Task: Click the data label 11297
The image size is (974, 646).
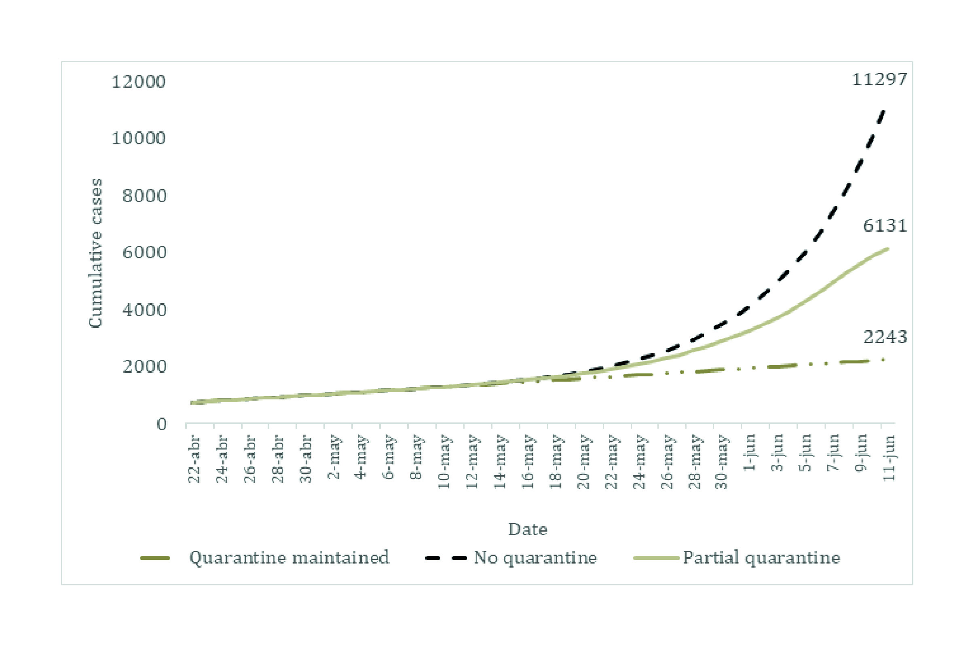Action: click(879, 80)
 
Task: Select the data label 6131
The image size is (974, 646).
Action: click(885, 225)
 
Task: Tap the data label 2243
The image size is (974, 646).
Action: click(885, 337)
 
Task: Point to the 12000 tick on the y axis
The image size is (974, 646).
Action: click(138, 82)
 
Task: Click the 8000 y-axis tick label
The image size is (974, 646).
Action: click(144, 196)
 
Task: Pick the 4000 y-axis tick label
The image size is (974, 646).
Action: click(144, 310)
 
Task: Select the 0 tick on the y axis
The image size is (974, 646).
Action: click(161, 424)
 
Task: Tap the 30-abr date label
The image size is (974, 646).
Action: click(305, 458)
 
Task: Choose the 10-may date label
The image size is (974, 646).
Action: click(444, 461)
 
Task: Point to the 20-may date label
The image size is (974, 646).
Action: click(583, 461)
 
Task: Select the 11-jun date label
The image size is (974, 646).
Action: click(889, 457)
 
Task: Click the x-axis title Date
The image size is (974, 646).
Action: click(527, 530)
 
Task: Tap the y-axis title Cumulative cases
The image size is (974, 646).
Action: click(95, 253)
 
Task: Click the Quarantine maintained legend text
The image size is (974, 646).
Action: click(289, 557)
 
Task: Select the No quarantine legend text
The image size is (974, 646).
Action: click(535, 557)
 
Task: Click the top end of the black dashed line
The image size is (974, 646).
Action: click(883, 110)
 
